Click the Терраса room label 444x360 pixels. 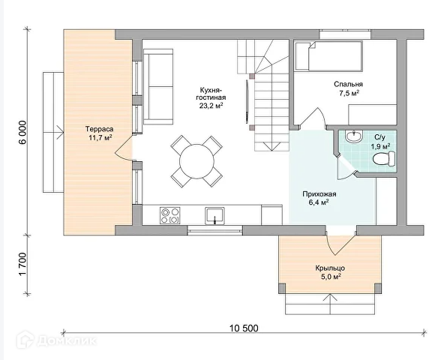tap(100, 129)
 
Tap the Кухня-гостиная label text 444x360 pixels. tap(211, 94)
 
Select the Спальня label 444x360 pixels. tap(348, 84)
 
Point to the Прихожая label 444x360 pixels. tap(319, 194)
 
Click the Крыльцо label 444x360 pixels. tap(330, 268)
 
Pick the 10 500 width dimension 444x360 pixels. tap(244, 328)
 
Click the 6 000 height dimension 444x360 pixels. tap(22, 132)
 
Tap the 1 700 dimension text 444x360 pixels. tap(22, 264)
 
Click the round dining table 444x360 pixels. tap(196, 161)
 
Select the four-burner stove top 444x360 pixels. tap(170, 215)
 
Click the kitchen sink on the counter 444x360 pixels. tap(214, 216)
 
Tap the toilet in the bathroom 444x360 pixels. tap(384, 158)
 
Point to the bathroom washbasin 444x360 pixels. tap(354, 136)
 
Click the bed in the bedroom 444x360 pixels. tap(328, 56)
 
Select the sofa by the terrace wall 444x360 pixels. tap(158, 87)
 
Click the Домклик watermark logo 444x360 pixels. tap(57, 340)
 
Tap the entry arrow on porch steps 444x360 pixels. tap(330, 304)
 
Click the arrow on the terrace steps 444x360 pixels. tap(53, 132)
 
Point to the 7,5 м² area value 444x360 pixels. tap(349, 93)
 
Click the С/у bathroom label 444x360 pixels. tap(379, 137)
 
